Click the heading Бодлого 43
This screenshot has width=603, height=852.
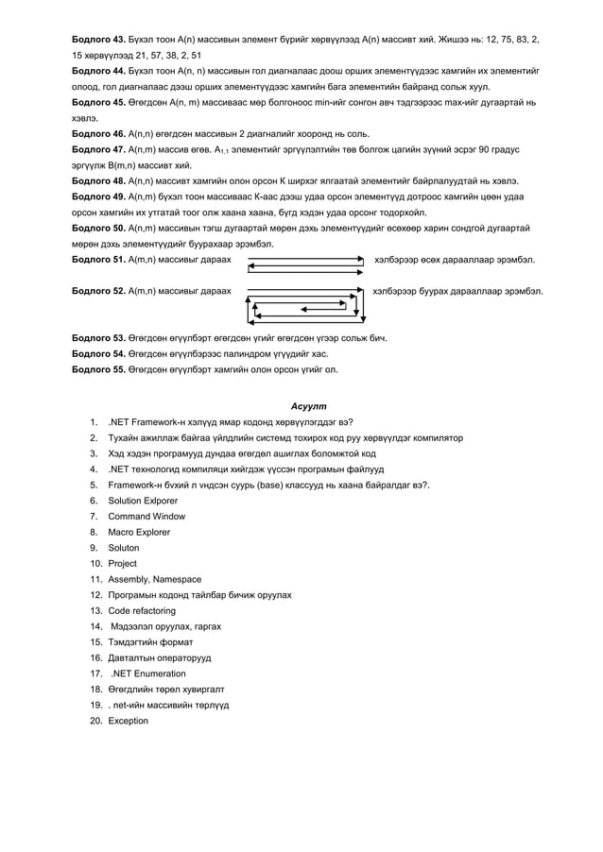99,40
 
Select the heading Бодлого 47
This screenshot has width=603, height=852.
99,149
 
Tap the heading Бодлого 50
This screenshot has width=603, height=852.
99,228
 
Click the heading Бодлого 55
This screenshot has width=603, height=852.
99,369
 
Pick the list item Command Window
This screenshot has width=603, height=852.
146,517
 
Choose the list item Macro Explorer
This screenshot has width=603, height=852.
140,533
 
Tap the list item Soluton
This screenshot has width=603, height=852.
124,548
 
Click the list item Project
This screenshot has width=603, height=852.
123,564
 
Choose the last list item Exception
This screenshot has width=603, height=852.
129,721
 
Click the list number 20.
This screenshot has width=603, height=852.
96,721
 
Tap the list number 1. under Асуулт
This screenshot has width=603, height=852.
95,422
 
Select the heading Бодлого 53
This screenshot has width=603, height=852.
99,337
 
